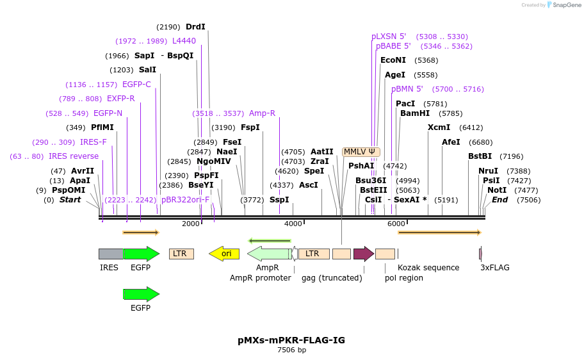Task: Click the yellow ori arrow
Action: (224, 254)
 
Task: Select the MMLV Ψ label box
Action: (361, 152)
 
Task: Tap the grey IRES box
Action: (111, 254)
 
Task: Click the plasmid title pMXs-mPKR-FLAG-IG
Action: (291, 340)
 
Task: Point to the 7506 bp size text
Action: (291, 350)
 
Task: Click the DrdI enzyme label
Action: (195, 27)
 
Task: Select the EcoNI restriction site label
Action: (393, 60)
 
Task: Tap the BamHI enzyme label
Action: (414, 113)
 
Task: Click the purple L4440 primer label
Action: (184, 41)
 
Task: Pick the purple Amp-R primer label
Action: (262, 113)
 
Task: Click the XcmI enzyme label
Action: (439, 127)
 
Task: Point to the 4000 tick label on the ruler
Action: (293, 224)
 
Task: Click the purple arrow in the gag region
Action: (363, 254)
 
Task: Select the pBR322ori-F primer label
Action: (185, 200)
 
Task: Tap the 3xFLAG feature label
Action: (495, 268)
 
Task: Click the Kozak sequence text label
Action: (428, 268)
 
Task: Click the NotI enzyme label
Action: (496, 190)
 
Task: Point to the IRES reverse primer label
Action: (74, 156)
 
